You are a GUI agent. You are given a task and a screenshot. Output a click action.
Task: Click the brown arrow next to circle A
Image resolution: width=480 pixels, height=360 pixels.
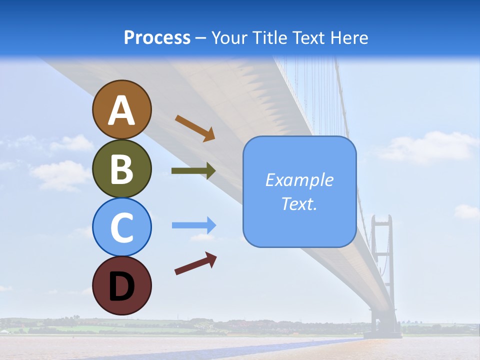(x=195, y=128)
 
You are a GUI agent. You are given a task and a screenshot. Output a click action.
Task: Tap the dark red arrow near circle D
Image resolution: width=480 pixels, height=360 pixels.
(x=195, y=263)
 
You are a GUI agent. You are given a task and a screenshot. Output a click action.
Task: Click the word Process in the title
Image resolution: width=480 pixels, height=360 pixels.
(x=157, y=37)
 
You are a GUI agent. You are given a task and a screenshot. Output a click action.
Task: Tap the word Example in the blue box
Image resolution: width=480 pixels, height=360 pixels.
(x=299, y=180)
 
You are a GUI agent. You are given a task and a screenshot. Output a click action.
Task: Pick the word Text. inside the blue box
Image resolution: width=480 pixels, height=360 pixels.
(x=299, y=204)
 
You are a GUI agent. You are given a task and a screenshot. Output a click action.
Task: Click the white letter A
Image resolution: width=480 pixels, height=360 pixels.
(x=121, y=110)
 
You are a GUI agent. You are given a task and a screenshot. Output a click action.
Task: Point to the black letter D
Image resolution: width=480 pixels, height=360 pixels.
(x=121, y=286)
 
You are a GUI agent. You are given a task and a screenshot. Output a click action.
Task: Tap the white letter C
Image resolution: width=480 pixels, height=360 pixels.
(x=121, y=228)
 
